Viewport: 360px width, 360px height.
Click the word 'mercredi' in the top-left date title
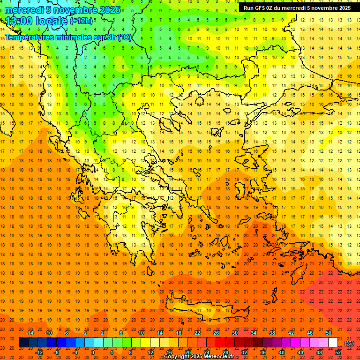(x=24, y=10)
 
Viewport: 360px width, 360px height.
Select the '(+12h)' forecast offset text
(x=81, y=21)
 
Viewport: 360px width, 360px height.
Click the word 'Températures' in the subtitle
(x=30, y=37)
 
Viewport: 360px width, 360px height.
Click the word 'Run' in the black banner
(x=249, y=8)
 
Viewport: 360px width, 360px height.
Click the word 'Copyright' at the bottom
(x=179, y=357)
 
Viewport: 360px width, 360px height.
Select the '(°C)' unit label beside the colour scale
(x=349, y=343)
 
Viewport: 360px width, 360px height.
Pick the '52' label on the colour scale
(x=338, y=352)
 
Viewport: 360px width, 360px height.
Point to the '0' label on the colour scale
(x=93, y=352)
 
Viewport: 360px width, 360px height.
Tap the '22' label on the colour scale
(x=197, y=333)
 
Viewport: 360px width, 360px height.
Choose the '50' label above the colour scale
(x=329, y=333)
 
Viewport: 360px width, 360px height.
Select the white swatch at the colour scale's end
(x=333, y=343)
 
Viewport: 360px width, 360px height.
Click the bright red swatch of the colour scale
(x=220, y=343)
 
